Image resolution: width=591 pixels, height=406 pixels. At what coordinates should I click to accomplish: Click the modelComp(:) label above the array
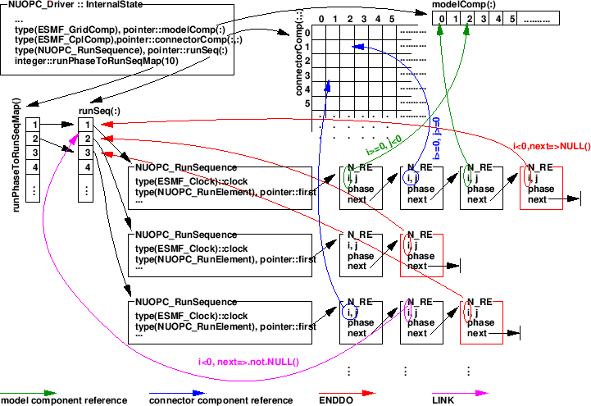(x=463, y=6)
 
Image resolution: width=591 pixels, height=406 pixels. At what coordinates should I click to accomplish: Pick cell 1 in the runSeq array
(x=85, y=125)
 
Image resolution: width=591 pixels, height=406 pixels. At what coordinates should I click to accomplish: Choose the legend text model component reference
(x=63, y=400)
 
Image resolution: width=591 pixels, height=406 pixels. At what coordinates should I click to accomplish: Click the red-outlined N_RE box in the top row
(x=541, y=186)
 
